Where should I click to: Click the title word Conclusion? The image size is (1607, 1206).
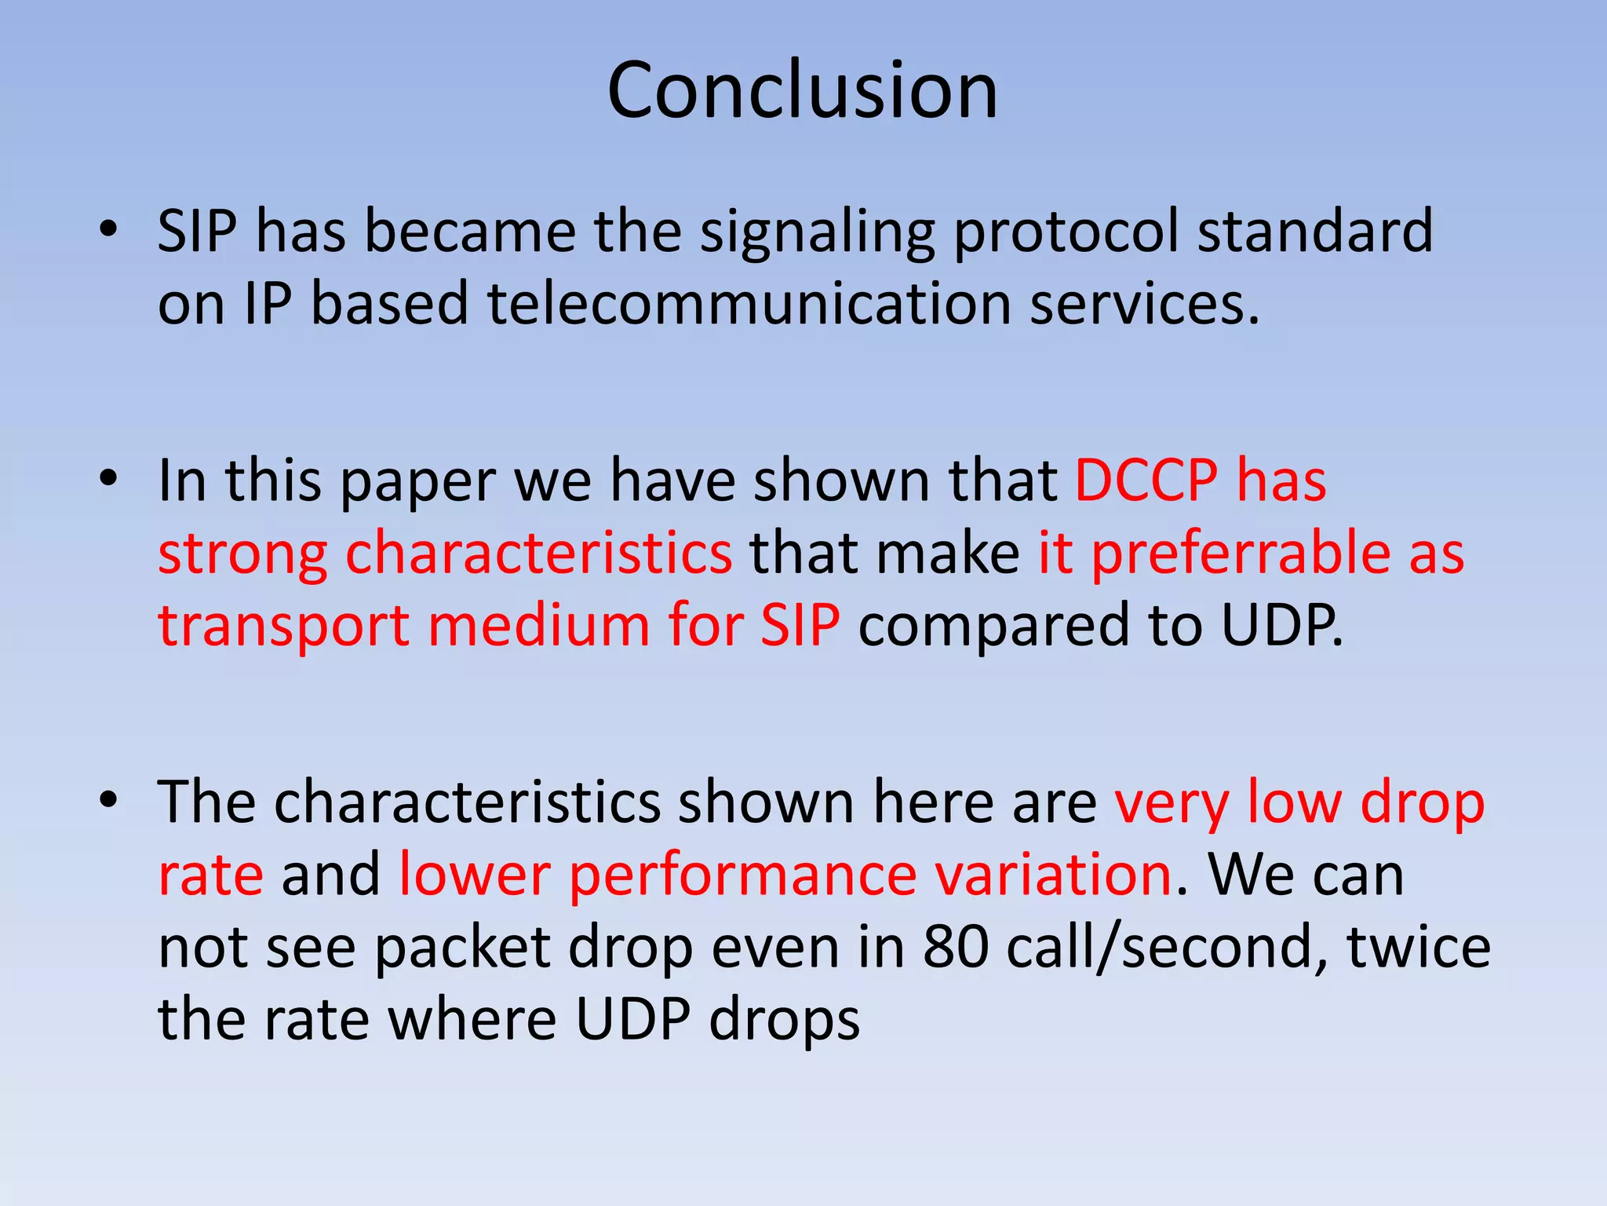(x=802, y=90)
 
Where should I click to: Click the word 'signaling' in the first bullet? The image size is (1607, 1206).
(x=817, y=233)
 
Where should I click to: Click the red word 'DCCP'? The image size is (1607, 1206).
(x=1146, y=481)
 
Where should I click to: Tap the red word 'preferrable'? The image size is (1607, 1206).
(x=1241, y=554)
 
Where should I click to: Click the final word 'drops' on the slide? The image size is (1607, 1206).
(x=784, y=1021)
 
